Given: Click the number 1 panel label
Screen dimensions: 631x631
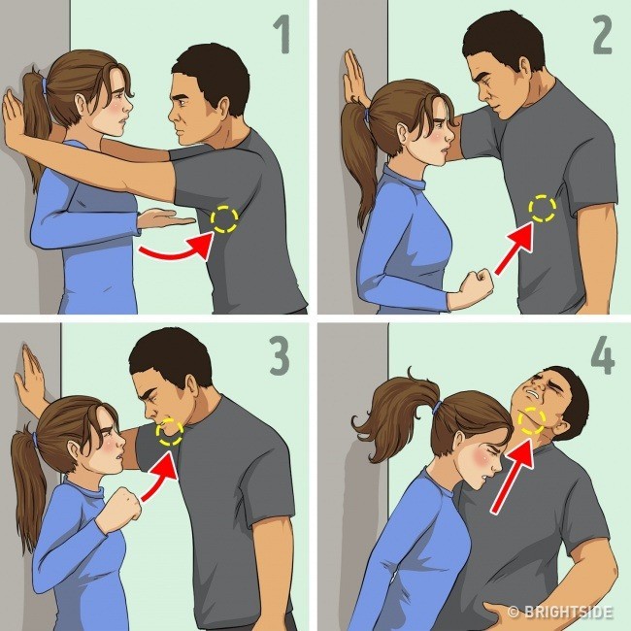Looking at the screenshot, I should [282, 38].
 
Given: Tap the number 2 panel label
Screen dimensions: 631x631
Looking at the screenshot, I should [600, 38].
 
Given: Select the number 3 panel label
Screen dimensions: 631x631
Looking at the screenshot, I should [280, 357].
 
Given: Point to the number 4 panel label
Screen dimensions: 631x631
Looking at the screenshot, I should [602, 357].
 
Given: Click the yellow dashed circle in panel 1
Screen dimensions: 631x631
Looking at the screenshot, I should [225, 219].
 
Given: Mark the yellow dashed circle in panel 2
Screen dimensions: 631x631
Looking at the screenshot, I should [541, 207].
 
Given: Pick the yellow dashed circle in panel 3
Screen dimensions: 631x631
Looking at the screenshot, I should [169, 430].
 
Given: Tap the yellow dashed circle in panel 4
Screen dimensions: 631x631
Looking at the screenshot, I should [532, 419].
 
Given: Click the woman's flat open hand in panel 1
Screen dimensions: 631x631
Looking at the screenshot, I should [167, 218].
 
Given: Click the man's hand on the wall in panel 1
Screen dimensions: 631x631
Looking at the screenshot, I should [17, 116].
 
